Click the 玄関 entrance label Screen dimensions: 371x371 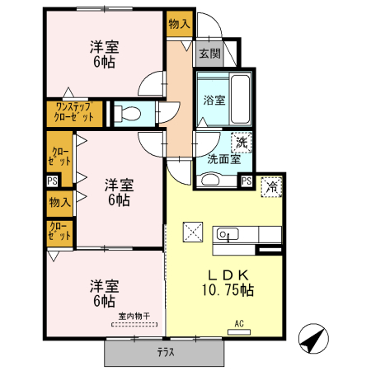click(x=209, y=54)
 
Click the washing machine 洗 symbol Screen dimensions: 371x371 click(x=241, y=142)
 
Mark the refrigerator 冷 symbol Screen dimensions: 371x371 click(x=270, y=186)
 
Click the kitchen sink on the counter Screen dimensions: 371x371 click(x=226, y=234)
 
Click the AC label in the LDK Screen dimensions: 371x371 click(x=240, y=323)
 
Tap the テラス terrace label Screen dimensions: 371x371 click(x=165, y=353)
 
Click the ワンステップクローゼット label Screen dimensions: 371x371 click(x=74, y=113)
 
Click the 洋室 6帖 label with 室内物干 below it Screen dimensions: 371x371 click(x=104, y=294)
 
